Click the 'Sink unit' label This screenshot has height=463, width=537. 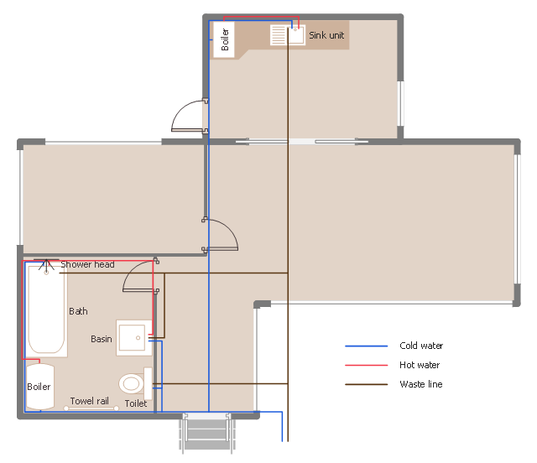pyautogui.click(x=326, y=35)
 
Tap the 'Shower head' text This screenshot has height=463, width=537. pyautogui.click(x=87, y=264)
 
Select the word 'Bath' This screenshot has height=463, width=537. pyautogui.click(x=78, y=311)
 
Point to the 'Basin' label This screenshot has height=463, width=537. pyautogui.click(x=102, y=339)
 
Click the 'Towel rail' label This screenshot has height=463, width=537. pyautogui.click(x=90, y=401)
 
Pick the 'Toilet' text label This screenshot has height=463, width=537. pyautogui.click(x=136, y=403)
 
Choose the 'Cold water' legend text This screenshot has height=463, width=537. pyautogui.click(x=421, y=346)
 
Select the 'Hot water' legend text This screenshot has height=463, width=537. pyautogui.click(x=420, y=365)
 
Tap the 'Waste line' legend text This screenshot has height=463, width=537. pyautogui.click(x=421, y=384)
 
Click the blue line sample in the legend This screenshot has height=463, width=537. pyautogui.click(x=366, y=346)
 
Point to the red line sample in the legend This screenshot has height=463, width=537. pyautogui.click(x=366, y=366)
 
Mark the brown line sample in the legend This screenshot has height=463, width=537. pyautogui.click(x=366, y=385)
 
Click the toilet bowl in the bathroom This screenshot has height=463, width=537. pyautogui.click(x=131, y=383)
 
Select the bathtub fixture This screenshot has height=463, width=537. pyautogui.click(x=47, y=310)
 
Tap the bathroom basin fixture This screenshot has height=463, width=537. pyautogui.click(x=134, y=338)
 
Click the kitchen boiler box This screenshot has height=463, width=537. pyautogui.click(x=224, y=39)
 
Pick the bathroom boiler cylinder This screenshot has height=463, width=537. pyautogui.click(x=39, y=387)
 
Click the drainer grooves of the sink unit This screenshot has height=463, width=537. pyautogui.click(x=278, y=35)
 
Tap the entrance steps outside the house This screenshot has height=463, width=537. pyautogui.click(x=207, y=432)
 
